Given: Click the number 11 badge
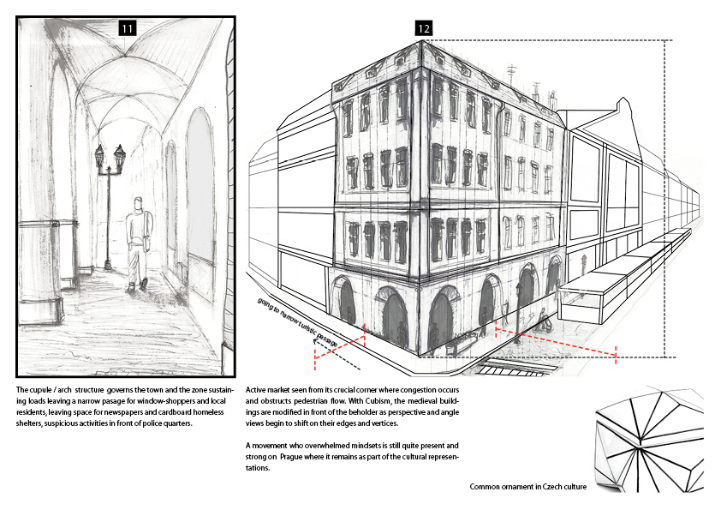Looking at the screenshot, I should click(x=127, y=28).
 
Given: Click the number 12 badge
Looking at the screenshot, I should click(x=423, y=28).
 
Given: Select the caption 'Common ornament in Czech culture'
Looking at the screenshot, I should click(x=527, y=487).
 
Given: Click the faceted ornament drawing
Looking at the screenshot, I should click(x=655, y=437).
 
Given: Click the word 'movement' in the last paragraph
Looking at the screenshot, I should click(x=273, y=446).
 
